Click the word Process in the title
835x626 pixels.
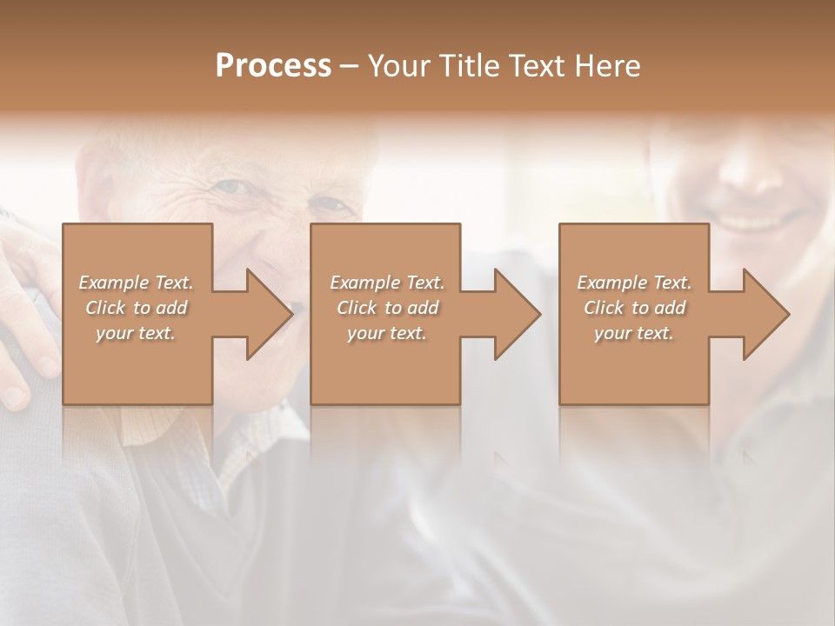pos(273,66)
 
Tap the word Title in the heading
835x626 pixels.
pos(470,66)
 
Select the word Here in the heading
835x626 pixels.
pos(608,66)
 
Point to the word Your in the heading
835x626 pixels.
pos(400,66)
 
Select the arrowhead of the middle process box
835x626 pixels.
pos(516,314)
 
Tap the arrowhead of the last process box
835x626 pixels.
pos(765,314)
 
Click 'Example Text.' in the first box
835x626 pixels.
pos(136,283)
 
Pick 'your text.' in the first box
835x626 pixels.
pos(136,333)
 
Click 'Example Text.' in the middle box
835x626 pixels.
pos(386,283)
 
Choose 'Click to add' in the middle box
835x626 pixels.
pos(386,308)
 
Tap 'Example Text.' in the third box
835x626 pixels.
pos(634,283)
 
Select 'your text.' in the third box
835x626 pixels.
pos(634,333)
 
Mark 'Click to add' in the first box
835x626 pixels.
pos(136,308)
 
